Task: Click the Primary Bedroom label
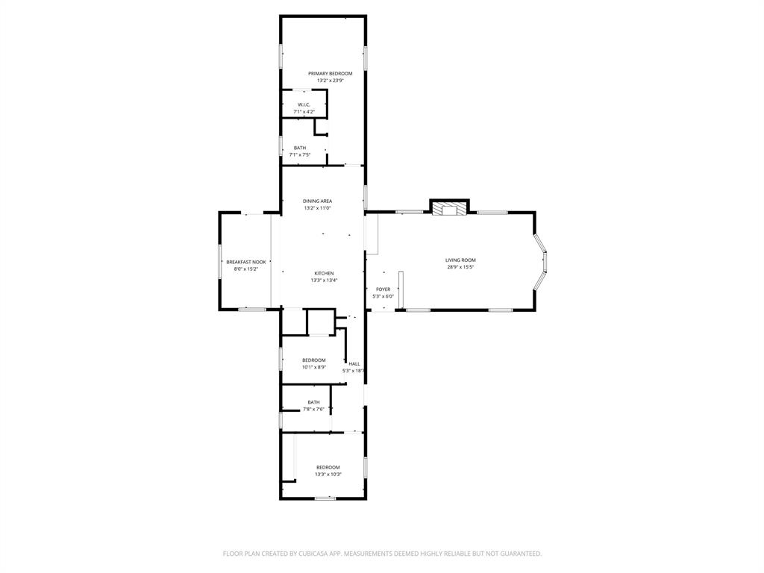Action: tap(330, 73)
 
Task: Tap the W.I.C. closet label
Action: tap(304, 104)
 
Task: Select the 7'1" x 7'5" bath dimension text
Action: tap(299, 155)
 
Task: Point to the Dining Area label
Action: tap(317, 201)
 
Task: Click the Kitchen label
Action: tap(324, 273)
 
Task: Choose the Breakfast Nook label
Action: tap(246, 262)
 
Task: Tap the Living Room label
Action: tap(460, 260)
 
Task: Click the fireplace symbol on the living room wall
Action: tap(449, 209)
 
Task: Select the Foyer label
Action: tap(383, 289)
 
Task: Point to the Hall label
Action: tap(354, 363)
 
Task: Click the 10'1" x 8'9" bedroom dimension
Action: tap(313, 367)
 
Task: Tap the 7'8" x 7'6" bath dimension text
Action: tap(313, 409)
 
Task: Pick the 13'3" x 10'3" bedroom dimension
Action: tap(328, 474)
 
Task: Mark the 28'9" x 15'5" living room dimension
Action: tap(460, 266)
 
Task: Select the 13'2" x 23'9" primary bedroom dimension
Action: tap(330, 81)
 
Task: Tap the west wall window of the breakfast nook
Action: tap(219, 261)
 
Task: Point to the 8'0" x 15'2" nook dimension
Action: tap(246, 269)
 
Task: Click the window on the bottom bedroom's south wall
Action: tap(325, 498)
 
